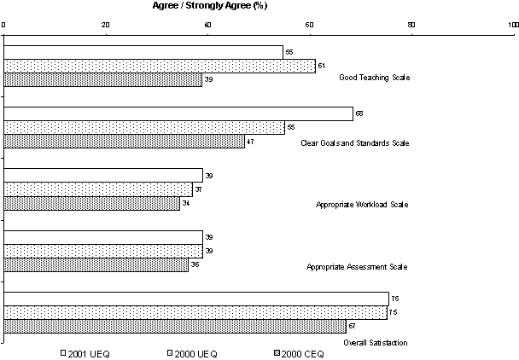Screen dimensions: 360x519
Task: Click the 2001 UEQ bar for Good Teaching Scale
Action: [143, 52]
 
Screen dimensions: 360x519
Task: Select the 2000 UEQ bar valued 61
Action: [160, 66]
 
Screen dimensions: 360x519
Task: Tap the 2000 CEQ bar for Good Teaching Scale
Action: [103, 79]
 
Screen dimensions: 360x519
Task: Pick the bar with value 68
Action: [178, 113]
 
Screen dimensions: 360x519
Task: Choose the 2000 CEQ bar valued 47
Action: [125, 141]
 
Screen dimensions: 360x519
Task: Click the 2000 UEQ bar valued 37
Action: [99, 189]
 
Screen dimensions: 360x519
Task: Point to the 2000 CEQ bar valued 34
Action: [92, 203]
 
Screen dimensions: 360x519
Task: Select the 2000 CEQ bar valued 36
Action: [96, 264]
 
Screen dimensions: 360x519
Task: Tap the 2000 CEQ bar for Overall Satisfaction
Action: [175, 326]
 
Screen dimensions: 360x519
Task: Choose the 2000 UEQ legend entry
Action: [192, 351]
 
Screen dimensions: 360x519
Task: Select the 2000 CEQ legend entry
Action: [300, 351]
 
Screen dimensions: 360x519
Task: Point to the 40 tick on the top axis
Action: [208, 24]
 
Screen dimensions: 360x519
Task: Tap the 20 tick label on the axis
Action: [106, 24]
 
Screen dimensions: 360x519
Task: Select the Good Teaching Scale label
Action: [374, 78]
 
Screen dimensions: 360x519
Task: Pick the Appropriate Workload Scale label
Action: [362, 205]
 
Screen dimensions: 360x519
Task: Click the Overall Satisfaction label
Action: [375, 343]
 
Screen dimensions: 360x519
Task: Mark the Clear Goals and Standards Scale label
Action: [354, 142]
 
